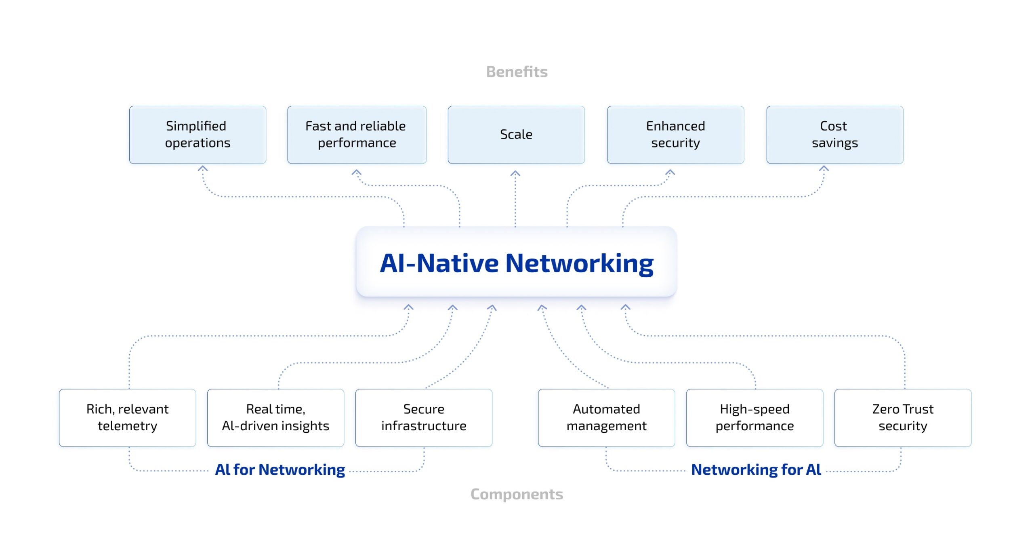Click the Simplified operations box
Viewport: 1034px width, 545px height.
pyautogui.click(x=198, y=135)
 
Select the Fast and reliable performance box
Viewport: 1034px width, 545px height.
pyautogui.click(x=357, y=135)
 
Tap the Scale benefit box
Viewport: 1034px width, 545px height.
pyautogui.click(x=516, y=135)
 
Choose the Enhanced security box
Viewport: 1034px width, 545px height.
pyautogui.click(x=675, y=135)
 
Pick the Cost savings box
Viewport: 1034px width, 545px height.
pyautogui.click(x=835, y=135)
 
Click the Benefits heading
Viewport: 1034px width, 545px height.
pyautogui.click(x=517, y=72)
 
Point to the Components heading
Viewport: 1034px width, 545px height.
pyautogui.click(x=517, y=494)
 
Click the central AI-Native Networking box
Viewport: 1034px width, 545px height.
pyautogui.click(x=516, y=263)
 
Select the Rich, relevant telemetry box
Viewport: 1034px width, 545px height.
pyautogui.click(x=127, y=417)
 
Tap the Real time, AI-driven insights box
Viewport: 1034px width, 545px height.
pyautogui.click(x=275, y=417)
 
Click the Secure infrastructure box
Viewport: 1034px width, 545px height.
pyautogui.click(x=424, y=417)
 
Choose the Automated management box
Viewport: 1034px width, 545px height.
pyautogui.click(x=606, y=417)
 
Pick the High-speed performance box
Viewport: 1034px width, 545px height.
pyautogui.click(x=754, y=417)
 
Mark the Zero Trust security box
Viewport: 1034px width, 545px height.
pyautogui.click(x=903, y=417)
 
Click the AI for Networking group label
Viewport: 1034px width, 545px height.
pyautogui.click(x=280, y=469)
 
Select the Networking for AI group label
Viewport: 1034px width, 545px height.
pyautogui.click(x=756, y=469)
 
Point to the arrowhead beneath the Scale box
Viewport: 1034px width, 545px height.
pyautogui.click(x=515, y=174)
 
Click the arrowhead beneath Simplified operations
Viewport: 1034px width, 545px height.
pyautogui.click(x=203, y=168)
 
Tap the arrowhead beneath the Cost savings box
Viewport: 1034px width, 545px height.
pyautogui.click(x=824, y=168)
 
